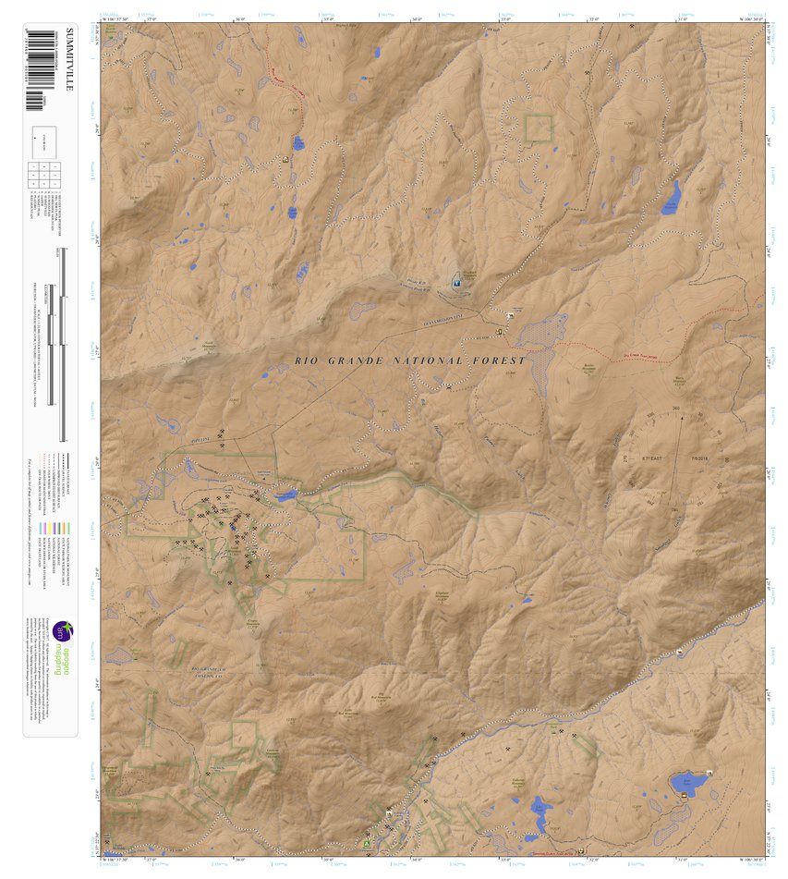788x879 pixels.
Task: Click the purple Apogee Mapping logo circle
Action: pyautogui.click(x=62, y=631)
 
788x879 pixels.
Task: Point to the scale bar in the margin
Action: pyautogui.click(x=61, y=342)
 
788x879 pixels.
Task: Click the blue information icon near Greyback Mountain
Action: pyautogui.click(x=455, y=281)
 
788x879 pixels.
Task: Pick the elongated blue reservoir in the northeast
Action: pyautogui.click(x=671, y=197)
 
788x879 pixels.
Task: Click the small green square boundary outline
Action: pyautogui.click(x=538, y=128)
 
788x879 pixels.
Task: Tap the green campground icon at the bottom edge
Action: pyautogui.click(x=369, y=842)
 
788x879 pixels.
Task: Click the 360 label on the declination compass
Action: pyautogui.click(x=676, y=408)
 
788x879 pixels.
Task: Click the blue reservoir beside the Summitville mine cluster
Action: pyautogui.click(x=285, y=495)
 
